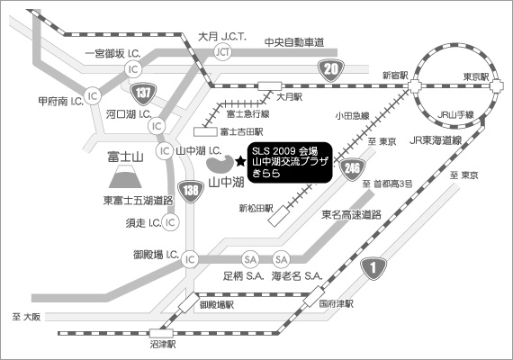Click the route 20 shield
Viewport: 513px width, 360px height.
pyautogui.click(x=330, y=70)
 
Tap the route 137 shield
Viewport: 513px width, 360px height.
pyautogui.click(x=143, y=94)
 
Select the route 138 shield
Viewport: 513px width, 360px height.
pyautogui.click(x=191, y=191)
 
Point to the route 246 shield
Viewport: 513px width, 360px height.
pyautogui.click(x=352, y=169)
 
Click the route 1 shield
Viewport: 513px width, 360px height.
pyautogui.click(x=373, y=268)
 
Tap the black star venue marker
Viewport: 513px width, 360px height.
pyautogui.click(x=240, y=161)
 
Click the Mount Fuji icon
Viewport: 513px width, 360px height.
pyautogui.click(x=125, y=176)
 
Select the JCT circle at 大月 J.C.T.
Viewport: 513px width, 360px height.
pyautogui.click(x=223, y=51)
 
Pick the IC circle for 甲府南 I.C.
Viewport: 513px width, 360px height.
pyautogui.click(x=93, y=96)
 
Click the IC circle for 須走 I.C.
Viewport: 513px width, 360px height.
pyautogui.click(x=170, y=222)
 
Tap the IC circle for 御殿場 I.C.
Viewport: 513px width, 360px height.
pyautogui.click(x=190, y=259)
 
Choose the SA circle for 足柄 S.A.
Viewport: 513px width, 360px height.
pyautogui.click(x=250, y=259)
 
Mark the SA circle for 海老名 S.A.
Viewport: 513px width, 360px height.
pyautogui.click(x=282, y=259)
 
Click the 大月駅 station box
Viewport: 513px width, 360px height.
pyautogui.click(x=270, y=86)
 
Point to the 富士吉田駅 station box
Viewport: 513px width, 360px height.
pyautogui.click(x=205, y=132)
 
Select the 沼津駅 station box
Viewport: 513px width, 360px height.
pyautogui.click(x=162, y=334)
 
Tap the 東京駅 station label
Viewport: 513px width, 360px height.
pyautogui.click(x=476, y=76)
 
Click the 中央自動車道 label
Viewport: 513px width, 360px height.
pyautogui.click(x=294, y=42)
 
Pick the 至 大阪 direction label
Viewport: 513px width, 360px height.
pyautogui.click(x=26, y=317)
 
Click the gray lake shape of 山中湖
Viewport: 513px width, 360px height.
pyautogui.click(x=220, y=164)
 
